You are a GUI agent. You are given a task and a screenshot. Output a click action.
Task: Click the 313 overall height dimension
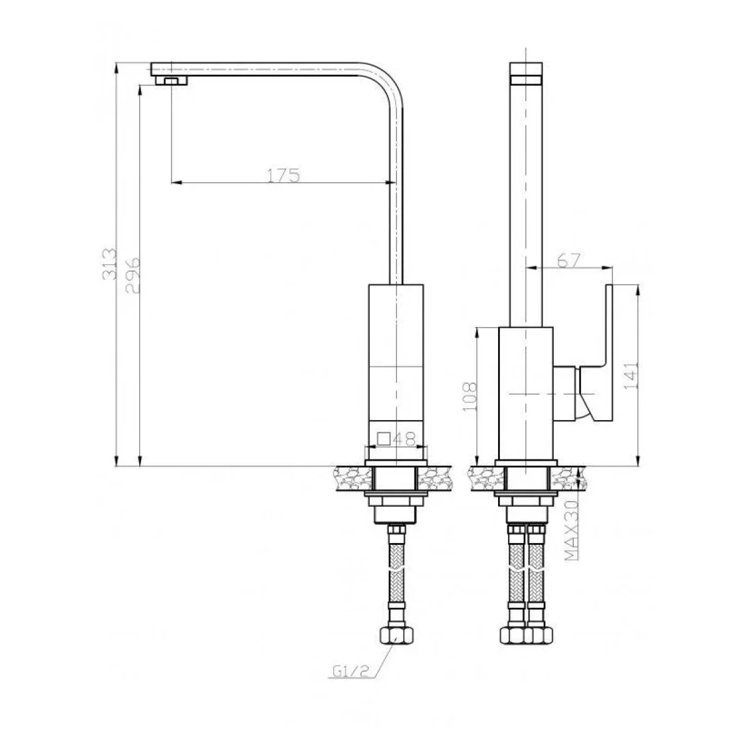(109, 264)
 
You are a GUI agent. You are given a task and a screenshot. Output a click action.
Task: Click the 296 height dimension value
(132, 275)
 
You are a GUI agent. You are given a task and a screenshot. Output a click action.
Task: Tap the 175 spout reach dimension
(284, 175)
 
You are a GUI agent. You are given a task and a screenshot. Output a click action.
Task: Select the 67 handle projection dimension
(569, 260)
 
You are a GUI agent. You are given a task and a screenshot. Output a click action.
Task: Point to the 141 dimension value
(630, 376)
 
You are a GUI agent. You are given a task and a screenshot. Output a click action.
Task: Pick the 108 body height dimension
(469, 397)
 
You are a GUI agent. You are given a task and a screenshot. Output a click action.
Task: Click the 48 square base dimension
(404, 439)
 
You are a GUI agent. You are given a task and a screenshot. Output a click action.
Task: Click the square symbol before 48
(384, 439)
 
